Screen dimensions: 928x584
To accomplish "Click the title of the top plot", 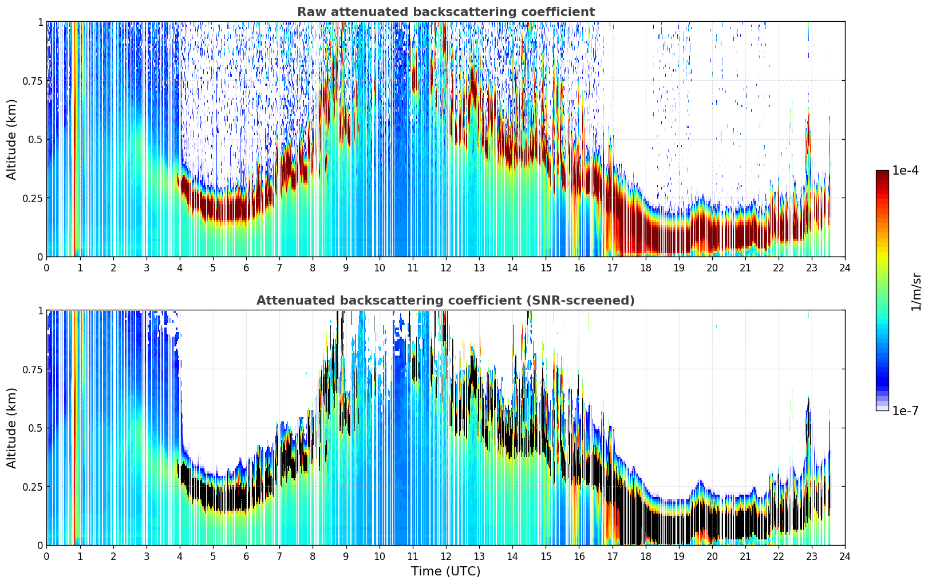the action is pos(446,11).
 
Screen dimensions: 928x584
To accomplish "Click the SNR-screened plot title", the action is pos(445,300).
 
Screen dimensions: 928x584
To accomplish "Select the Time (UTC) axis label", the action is pos(445,571).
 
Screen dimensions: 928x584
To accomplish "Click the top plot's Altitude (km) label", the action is pos(11,139).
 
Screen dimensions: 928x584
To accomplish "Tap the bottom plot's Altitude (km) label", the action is pos(11,428).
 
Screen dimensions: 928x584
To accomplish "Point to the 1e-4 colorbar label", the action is pos(905,170).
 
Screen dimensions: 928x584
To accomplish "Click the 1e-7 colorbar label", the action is pos(905,411).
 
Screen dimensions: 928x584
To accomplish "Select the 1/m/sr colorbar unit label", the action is pos(916,291).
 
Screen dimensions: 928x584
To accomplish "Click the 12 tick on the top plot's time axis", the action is pos(446,267).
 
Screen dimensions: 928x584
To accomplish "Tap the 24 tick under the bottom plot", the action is pos(845,557).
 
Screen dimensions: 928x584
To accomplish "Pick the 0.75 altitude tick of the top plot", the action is pos(32,80).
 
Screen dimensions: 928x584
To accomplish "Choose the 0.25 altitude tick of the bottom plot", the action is pos(32,486).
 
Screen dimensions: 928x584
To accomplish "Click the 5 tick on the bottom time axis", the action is pos(213,557).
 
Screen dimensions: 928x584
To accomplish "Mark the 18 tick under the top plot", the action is pos(645,267).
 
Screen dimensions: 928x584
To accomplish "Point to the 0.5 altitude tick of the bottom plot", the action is pos(35,428).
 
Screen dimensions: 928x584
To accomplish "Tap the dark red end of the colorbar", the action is pos(882,173).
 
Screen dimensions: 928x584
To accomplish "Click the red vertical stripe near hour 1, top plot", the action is pos(74,139).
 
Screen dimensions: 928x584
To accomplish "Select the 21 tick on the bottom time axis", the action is pos(745,557).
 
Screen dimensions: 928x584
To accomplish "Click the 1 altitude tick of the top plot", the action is pos(41,22).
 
